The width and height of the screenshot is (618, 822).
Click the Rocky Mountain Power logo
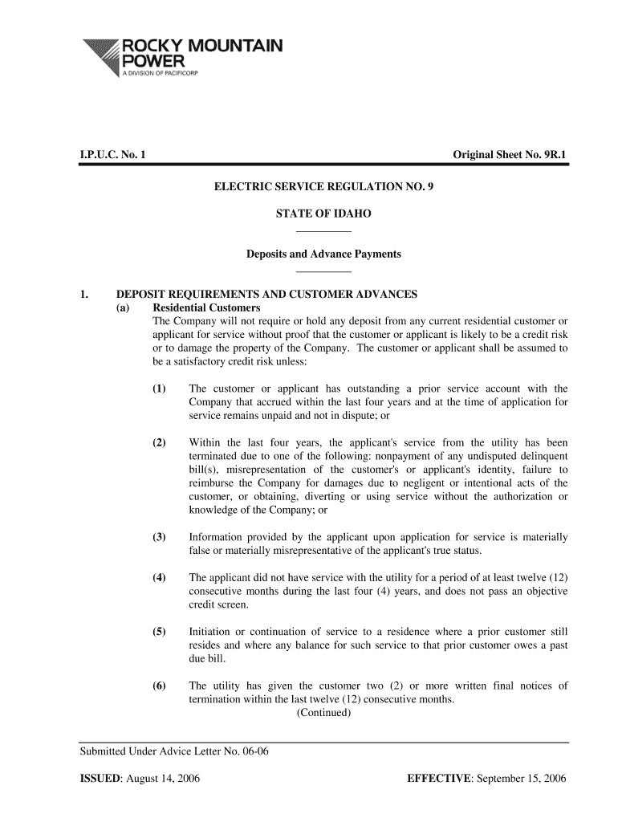tap(181, 57)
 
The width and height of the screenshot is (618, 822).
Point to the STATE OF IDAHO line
tap(323, 214)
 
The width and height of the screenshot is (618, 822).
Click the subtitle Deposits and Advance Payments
tap(323, 254)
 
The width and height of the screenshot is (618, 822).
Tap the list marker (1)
tap(160, 389)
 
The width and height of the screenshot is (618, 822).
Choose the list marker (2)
tap(160, 442)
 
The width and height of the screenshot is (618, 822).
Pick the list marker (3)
tap(160, 536)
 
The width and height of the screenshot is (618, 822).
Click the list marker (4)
tap(160, 577)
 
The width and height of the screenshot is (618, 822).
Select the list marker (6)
tap(160, 686)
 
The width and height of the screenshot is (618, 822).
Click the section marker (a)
tap(124, 307)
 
